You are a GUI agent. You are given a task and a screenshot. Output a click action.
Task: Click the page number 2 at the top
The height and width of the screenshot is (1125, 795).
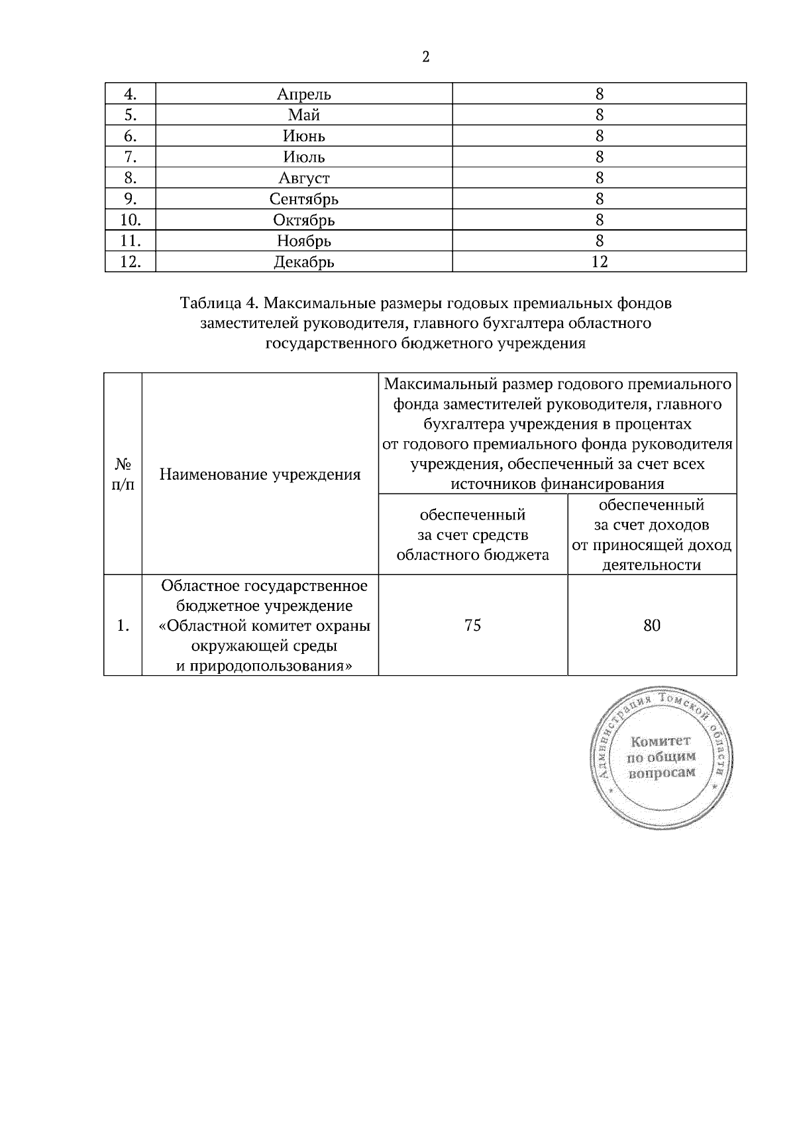(x=425, y=57)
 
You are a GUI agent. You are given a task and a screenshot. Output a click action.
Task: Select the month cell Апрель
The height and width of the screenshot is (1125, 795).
(x=304, y=94)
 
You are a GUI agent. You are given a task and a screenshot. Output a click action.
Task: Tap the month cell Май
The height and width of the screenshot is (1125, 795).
(x=304, y=115)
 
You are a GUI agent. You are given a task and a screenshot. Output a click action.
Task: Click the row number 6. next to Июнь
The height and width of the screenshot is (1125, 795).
(x=131, y=136)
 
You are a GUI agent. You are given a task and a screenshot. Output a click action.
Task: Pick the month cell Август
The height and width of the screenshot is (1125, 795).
(x=304, y=178)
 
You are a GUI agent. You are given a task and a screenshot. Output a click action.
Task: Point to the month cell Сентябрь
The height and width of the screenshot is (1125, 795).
(x=304, y=199)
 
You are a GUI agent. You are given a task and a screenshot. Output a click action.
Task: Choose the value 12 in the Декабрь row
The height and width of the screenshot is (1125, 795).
(x=599, y=262)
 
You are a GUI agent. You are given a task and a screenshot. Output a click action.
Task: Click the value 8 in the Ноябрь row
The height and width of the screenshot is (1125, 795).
(x=599, y=241)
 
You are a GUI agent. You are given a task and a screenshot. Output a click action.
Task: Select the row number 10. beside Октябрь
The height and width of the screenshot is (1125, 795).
(x=131, y=220)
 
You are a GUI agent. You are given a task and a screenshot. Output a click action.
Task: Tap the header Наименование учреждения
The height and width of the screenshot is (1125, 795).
(x=260, y=474)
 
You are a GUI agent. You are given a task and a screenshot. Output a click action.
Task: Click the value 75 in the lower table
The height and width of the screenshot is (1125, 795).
(x=472, y=625)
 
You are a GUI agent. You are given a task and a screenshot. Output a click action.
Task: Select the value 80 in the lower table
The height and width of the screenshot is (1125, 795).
(x=652, y=625)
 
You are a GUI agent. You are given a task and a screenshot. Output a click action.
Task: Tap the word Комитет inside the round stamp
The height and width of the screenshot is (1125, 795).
(x=661, y=741)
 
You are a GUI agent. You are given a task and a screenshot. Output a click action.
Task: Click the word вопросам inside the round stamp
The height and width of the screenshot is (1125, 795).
(x=662, y=773)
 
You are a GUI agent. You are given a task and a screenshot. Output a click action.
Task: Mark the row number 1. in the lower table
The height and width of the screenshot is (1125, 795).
(x=123, y=625)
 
